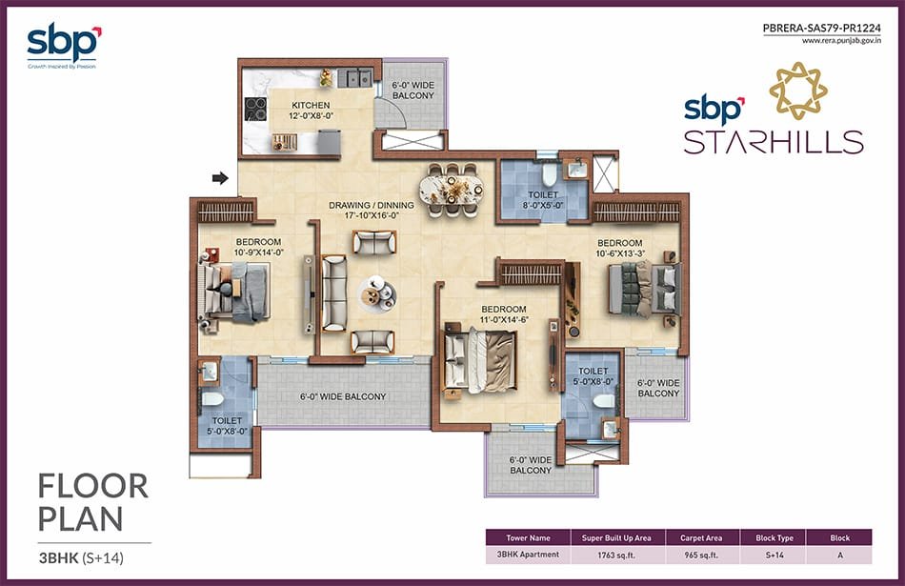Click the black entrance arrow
pos(220,178)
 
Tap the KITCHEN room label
pos(311,105)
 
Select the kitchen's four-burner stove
pos(255,109)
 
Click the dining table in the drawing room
pos(452,189)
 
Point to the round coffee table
pos(377,293)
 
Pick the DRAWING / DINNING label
pos(372,205)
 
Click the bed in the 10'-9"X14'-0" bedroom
pos(233,292)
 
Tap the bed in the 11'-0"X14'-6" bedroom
pos(478,360)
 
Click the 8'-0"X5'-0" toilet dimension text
pos(543,205)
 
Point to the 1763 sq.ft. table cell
pos(616,556)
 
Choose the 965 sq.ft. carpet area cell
pos(701,556)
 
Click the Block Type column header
pos(774,537)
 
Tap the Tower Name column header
pos(528,537)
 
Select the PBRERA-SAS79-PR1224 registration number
pos(822,28)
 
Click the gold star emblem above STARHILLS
pos(798,91)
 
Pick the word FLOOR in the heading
pos(93,487)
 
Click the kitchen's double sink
pos(354,77)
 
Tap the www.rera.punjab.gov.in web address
pos(841,41)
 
